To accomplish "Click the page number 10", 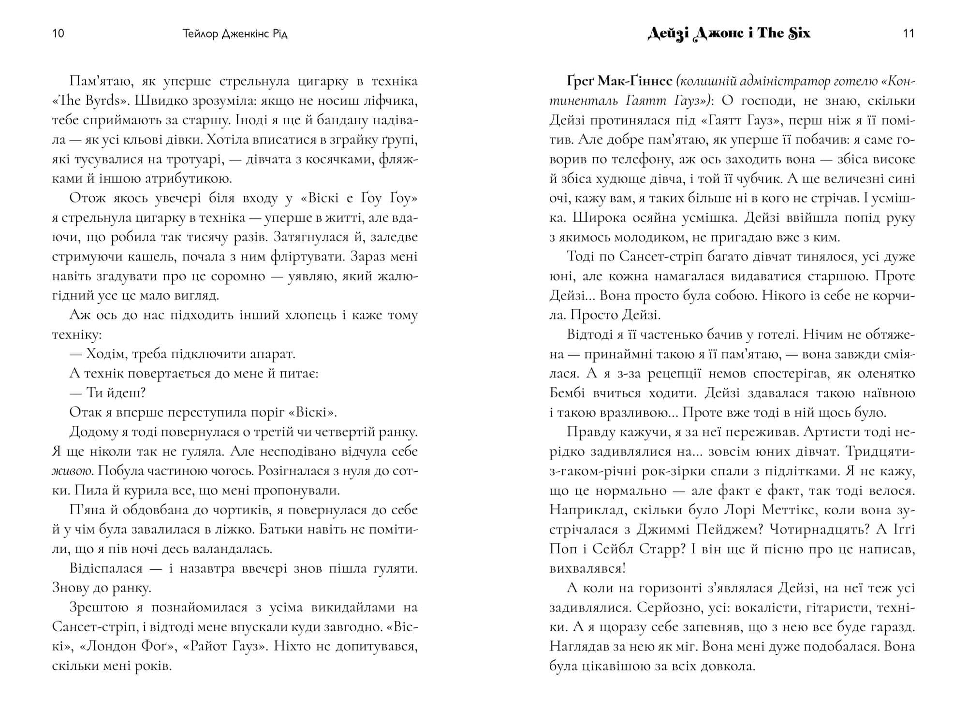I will click(x=58, y=34).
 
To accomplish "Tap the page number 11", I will click(x=908, y=34).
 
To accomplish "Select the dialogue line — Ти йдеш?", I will click(x=107, y=393).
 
